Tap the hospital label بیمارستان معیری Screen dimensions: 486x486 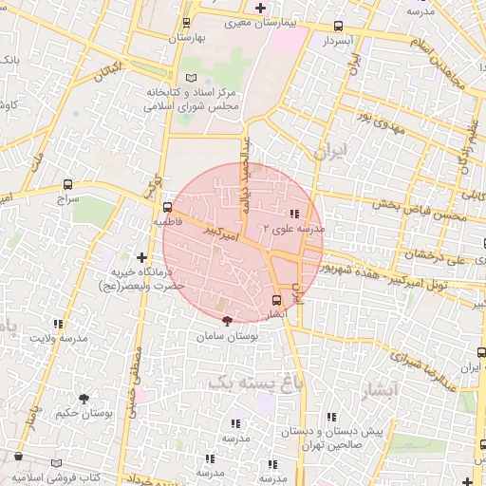(x=283, y=20)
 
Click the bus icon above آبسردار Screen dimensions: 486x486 (x=339, y=27)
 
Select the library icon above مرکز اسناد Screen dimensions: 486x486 (x=193, y=77)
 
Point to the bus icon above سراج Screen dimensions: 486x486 (x=67, y=184)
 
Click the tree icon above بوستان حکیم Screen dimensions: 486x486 (x=84, y=399)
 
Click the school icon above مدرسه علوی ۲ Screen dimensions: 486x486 (x=293, y=214)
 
